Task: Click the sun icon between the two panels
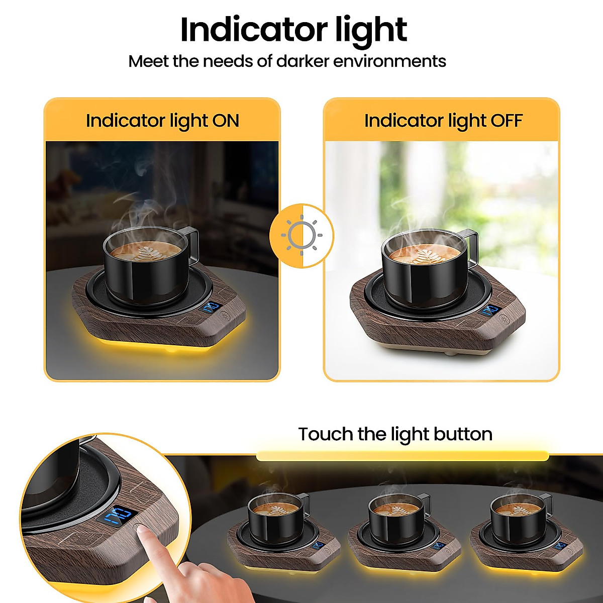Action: coord(301,235)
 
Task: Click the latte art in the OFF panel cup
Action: coord(417,255)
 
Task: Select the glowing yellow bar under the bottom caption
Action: coord(402,456)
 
